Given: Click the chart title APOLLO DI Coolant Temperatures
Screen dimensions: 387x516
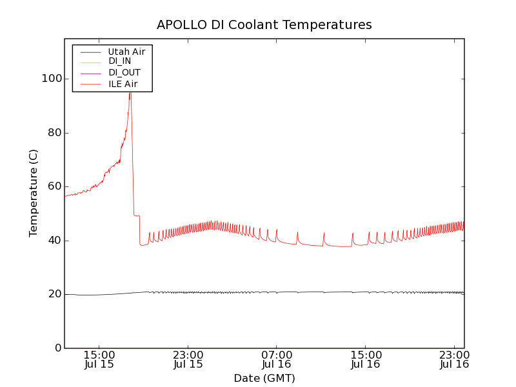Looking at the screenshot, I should pos(264,25).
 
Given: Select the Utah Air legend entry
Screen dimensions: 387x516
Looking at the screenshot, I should pos(126,52).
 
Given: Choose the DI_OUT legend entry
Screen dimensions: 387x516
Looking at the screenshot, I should pos(124,73).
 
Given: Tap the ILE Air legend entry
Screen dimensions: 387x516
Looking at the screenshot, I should pos(123,84).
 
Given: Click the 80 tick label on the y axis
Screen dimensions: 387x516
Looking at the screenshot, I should pos(50,133).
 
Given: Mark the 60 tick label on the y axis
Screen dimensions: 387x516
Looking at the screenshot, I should pos(50,186).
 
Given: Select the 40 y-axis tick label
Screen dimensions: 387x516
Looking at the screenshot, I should pos(50,241).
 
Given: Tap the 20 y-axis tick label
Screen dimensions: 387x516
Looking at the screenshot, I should pos(50,294).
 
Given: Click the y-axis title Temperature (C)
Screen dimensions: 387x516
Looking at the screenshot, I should pos(34,193).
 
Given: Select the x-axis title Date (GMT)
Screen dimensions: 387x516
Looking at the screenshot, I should pos(264,379).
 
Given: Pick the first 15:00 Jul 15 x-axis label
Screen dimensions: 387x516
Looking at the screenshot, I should pos(99,359).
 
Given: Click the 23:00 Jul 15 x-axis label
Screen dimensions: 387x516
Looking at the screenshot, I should pos(188,359).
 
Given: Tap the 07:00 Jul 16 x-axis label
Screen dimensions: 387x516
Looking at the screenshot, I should pos(277,359).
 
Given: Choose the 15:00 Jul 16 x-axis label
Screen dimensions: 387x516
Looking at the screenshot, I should pos(365,359).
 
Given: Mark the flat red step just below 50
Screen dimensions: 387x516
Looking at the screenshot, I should pos(136,215).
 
